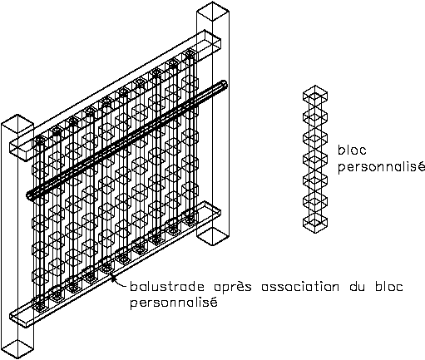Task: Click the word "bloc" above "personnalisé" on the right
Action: coord(352,150)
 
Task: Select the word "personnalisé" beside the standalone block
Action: coord(382,167)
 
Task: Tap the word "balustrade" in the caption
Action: coord(167,287)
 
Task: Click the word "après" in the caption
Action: coord(233,287)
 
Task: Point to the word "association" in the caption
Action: coord(300,287)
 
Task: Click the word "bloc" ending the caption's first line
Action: coord(389,287)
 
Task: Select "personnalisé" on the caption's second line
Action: coord(174,302)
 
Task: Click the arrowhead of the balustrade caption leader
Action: coord(113,277)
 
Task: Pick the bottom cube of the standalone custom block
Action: coord(315,223)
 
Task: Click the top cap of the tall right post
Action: coord(213,11)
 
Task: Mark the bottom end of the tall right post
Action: coord(213,236)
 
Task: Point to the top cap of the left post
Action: coord(17,124)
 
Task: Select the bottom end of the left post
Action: coord(17,349)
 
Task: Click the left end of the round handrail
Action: coord(30,195)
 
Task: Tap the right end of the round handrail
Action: coord(224,84)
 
